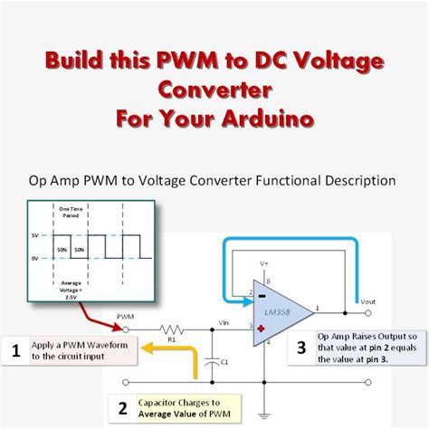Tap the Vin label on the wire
coord(227,321)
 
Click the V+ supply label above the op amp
coord(264,263)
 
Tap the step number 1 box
coord(14,350)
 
